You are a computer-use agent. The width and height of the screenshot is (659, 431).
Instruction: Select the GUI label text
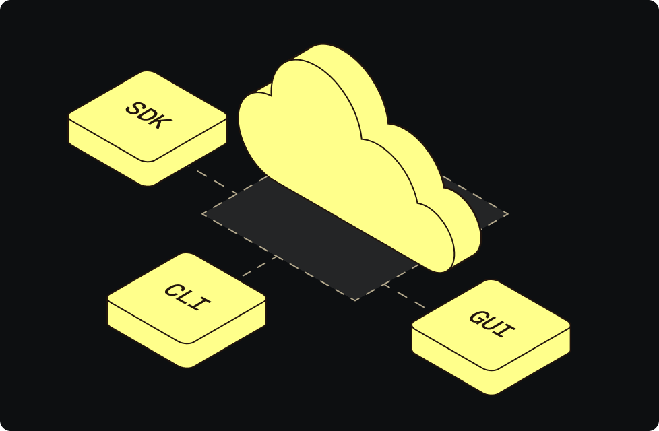(492, 325)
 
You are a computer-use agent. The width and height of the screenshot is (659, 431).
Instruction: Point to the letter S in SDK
(135, 108)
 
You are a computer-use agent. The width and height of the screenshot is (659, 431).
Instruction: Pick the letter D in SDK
(149, 117)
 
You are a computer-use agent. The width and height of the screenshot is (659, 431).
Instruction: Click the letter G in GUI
(478, 317)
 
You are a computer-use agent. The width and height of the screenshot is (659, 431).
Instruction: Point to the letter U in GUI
(492, 325)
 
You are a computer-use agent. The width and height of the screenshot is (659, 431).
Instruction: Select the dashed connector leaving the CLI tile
(259, 265)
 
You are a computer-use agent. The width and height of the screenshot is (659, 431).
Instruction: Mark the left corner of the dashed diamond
(203, 214)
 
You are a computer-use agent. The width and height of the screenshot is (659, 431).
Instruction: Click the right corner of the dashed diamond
(507, 214)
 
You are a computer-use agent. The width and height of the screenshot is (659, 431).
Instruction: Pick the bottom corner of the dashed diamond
(355, 300)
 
